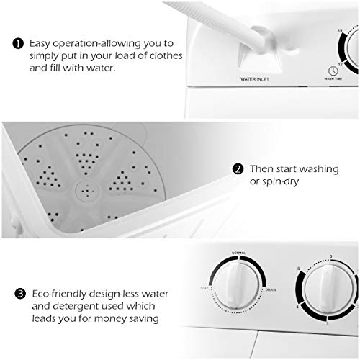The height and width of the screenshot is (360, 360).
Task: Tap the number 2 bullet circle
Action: click(238, 169)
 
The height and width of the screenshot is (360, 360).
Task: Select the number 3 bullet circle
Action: click(19, 294)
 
